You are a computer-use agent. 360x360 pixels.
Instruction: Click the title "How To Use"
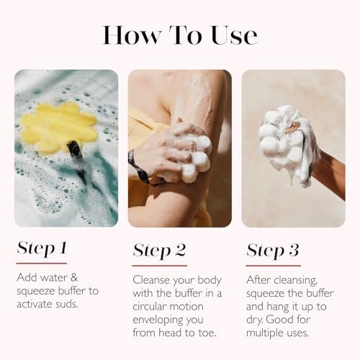pyautogui.click(x=179, y=34)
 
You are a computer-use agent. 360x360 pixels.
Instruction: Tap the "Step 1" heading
pyautogui.click(x=42, y=248)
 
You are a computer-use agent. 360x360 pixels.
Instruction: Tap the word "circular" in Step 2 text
pyautogui.click(x=152, y=305)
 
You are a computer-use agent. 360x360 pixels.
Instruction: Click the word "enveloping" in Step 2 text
pyautogui.click(x=160, y=319)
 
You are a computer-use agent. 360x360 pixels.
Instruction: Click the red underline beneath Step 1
pyautogui.click(x=41, y=264)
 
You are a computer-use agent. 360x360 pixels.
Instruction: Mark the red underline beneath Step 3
pyautogui.click(x=273, y=265)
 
